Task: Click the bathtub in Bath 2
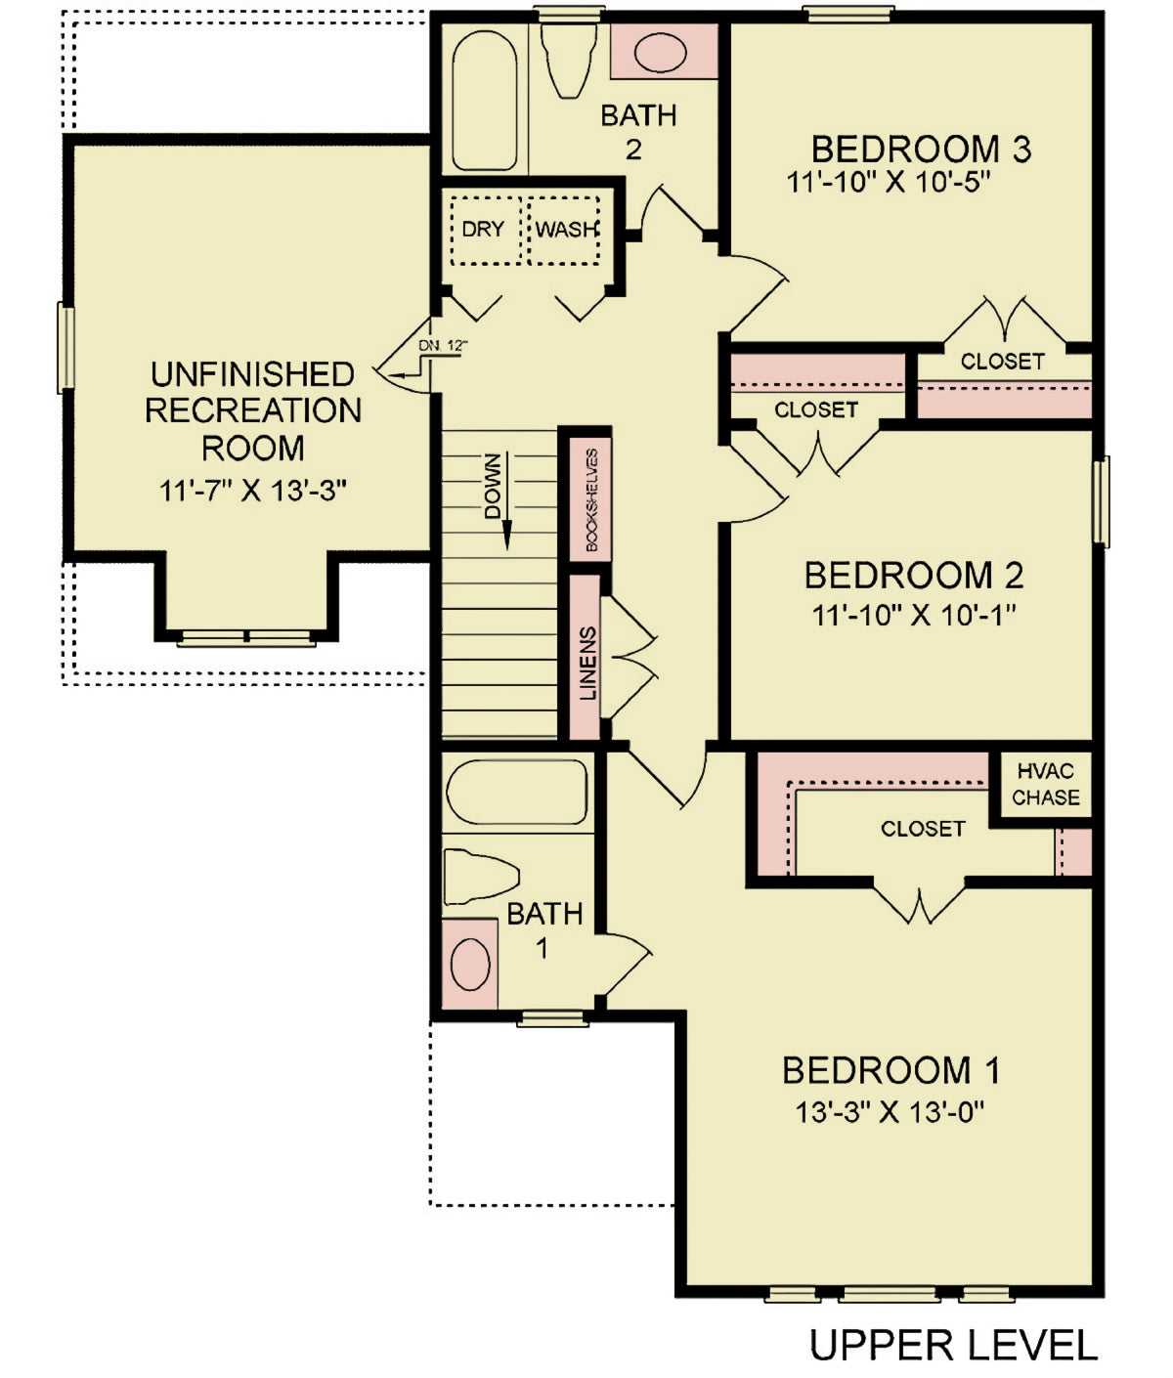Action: pos(485,100)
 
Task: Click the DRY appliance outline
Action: pos(485,230)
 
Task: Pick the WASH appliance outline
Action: pos(565,230)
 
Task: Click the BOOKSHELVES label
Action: pos(591,499)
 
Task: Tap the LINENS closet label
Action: pos(587,663)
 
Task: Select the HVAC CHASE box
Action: pos(1045,785)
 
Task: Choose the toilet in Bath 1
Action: pos(479,876)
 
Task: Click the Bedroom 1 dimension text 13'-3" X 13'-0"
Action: pos(889,1112)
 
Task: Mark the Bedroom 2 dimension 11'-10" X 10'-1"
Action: pos(914,616)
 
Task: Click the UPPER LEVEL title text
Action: pos(953,1346)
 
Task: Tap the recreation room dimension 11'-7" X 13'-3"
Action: pos(253,491)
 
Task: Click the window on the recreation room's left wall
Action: pos(66,347)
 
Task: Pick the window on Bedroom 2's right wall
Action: pos(1102,500)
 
